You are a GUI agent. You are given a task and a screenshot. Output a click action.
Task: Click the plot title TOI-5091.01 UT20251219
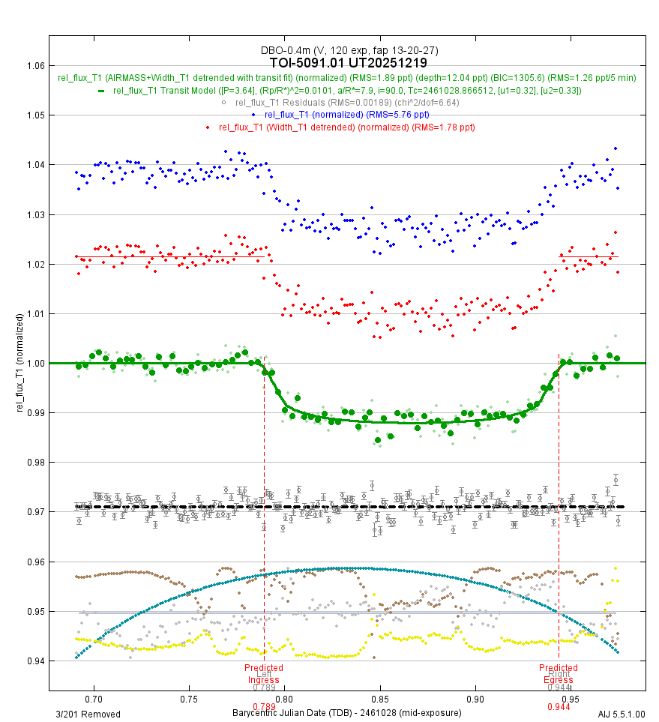(349, 63)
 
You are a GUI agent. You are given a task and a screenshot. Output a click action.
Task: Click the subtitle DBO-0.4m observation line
(349, 50)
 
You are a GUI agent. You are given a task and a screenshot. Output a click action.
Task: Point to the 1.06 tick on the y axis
(34, 65)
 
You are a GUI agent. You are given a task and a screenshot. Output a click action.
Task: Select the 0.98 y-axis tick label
(34, 463)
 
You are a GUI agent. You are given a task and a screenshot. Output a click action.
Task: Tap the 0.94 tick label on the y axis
(34, 661)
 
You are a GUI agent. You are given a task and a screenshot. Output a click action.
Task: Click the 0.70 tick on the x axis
(94, 699)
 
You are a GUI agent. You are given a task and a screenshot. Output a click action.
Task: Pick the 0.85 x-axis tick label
(381, 699)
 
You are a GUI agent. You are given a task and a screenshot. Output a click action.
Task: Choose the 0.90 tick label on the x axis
(477, 699)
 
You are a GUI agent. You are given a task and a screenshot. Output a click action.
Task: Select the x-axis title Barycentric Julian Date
(346, 713)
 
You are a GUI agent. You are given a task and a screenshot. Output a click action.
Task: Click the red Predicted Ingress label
(264, 673)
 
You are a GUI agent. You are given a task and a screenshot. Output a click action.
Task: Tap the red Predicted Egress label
(559, 673)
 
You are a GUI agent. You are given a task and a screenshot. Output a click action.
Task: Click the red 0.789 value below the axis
(264, 707)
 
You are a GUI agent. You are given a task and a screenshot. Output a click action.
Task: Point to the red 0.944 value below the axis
(559, 707)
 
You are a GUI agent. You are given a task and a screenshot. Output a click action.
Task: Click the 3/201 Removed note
(88, 714)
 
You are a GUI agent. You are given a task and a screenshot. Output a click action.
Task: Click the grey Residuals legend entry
(346, 102)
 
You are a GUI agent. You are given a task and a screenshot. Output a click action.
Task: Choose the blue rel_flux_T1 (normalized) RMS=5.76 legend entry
(346, 114)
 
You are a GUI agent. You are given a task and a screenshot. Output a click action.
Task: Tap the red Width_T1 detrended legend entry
(346, 127)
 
